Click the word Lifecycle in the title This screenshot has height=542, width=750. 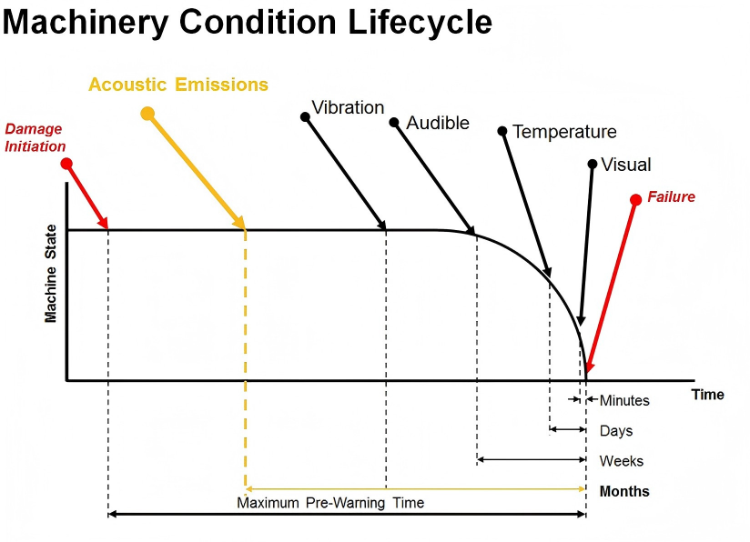click(420, 23)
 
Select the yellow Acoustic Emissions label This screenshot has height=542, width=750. click(178, 85)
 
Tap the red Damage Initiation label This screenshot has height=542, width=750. click(35, 137)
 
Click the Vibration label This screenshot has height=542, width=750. click(348, 107)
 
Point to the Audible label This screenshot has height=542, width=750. click(438, 123)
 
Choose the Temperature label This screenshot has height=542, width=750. click(564, 132)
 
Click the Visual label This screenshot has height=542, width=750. click(627, 165)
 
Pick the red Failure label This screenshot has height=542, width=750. click(671, 196)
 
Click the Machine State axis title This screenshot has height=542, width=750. click(51, 273)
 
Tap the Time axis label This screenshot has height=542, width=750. click(707, 395)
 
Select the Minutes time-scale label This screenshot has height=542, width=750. click(624, 400)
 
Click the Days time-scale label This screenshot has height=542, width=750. click(616, 430)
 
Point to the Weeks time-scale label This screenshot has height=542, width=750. click(620, 460)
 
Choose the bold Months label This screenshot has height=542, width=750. click(624, 491)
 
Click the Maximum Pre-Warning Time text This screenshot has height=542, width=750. click(330, 503)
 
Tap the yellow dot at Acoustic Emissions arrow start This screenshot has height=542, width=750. click(147, 113)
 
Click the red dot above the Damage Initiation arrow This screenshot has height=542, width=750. click(66, 164)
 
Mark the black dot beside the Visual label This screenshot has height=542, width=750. click(593, 165)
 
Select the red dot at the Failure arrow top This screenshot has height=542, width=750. click(636, 198)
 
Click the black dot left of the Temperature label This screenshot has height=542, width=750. click(502, 131)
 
